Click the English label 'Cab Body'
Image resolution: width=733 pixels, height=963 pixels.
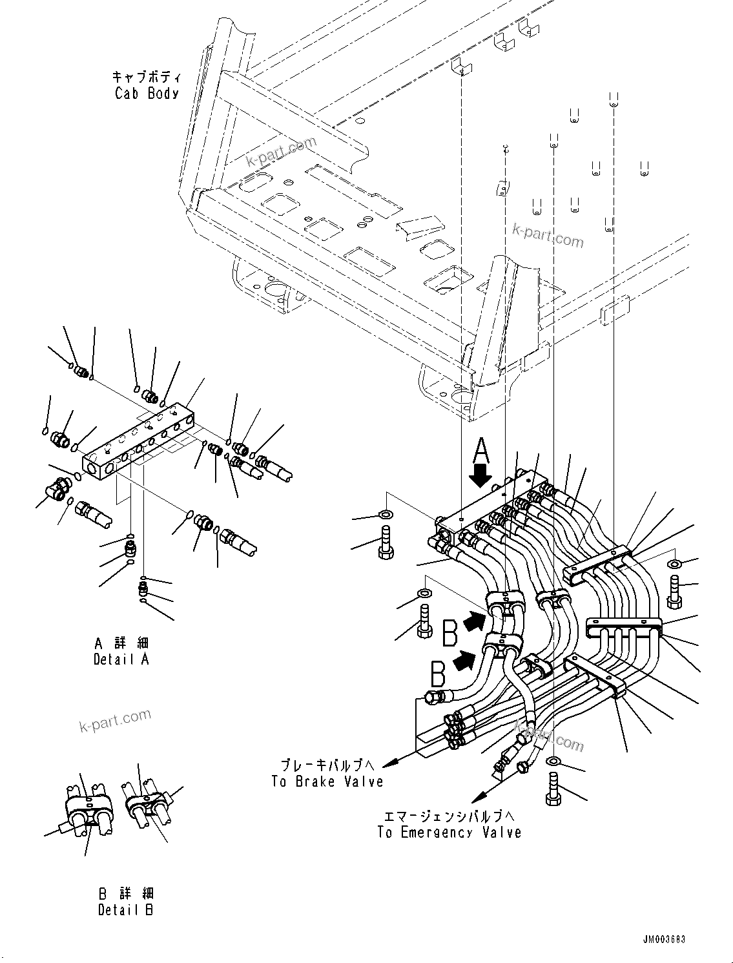pos(147,93)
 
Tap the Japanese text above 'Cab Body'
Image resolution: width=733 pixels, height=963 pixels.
pos(147,77)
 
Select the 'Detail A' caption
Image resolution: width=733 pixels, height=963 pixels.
pos(121,659)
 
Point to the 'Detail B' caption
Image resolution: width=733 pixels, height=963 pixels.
pos(126,910)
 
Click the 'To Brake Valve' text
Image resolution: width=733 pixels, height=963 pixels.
pos(327,782)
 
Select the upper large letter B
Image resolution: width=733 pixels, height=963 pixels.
pos(451,632)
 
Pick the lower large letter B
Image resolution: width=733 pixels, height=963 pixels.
pos(437,676)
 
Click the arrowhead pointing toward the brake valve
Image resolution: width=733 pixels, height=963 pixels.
pos(389,763)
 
